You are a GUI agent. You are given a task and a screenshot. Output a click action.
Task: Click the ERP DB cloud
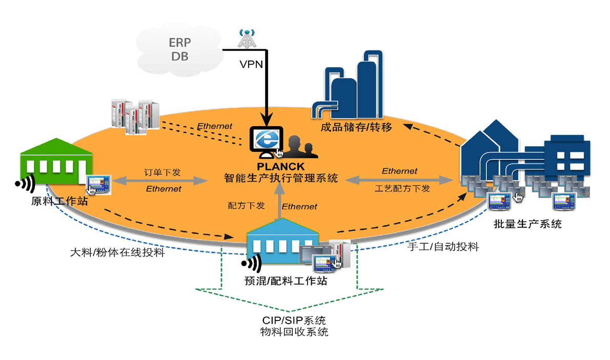(180, 49)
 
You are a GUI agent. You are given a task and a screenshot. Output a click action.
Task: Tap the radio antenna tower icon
(247, 38)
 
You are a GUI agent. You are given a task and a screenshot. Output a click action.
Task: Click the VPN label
(251, 64)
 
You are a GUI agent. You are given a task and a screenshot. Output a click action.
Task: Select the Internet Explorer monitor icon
(266, 142)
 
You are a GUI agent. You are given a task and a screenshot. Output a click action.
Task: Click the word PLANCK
(280, 167)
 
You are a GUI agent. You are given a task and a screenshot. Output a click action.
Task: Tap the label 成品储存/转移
(356, 127)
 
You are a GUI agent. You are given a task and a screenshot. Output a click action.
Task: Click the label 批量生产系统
(527, 224)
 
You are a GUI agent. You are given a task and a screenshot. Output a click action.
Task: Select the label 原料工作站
(59, 201)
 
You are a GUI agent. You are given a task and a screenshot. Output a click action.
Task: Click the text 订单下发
(162, 172)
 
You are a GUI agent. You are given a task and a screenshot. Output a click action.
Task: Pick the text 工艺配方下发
(402, 189)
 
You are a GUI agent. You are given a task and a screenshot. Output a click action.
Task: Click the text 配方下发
(246, 206)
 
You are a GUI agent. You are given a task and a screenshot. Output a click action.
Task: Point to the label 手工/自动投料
(443, 247)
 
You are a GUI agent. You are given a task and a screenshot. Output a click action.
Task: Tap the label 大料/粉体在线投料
(117, 253)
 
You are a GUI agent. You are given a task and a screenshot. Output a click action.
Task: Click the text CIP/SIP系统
(294, 321)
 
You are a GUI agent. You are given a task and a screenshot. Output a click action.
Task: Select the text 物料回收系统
(294, 332)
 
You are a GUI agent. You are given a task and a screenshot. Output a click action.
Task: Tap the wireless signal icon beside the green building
(26, 183)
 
